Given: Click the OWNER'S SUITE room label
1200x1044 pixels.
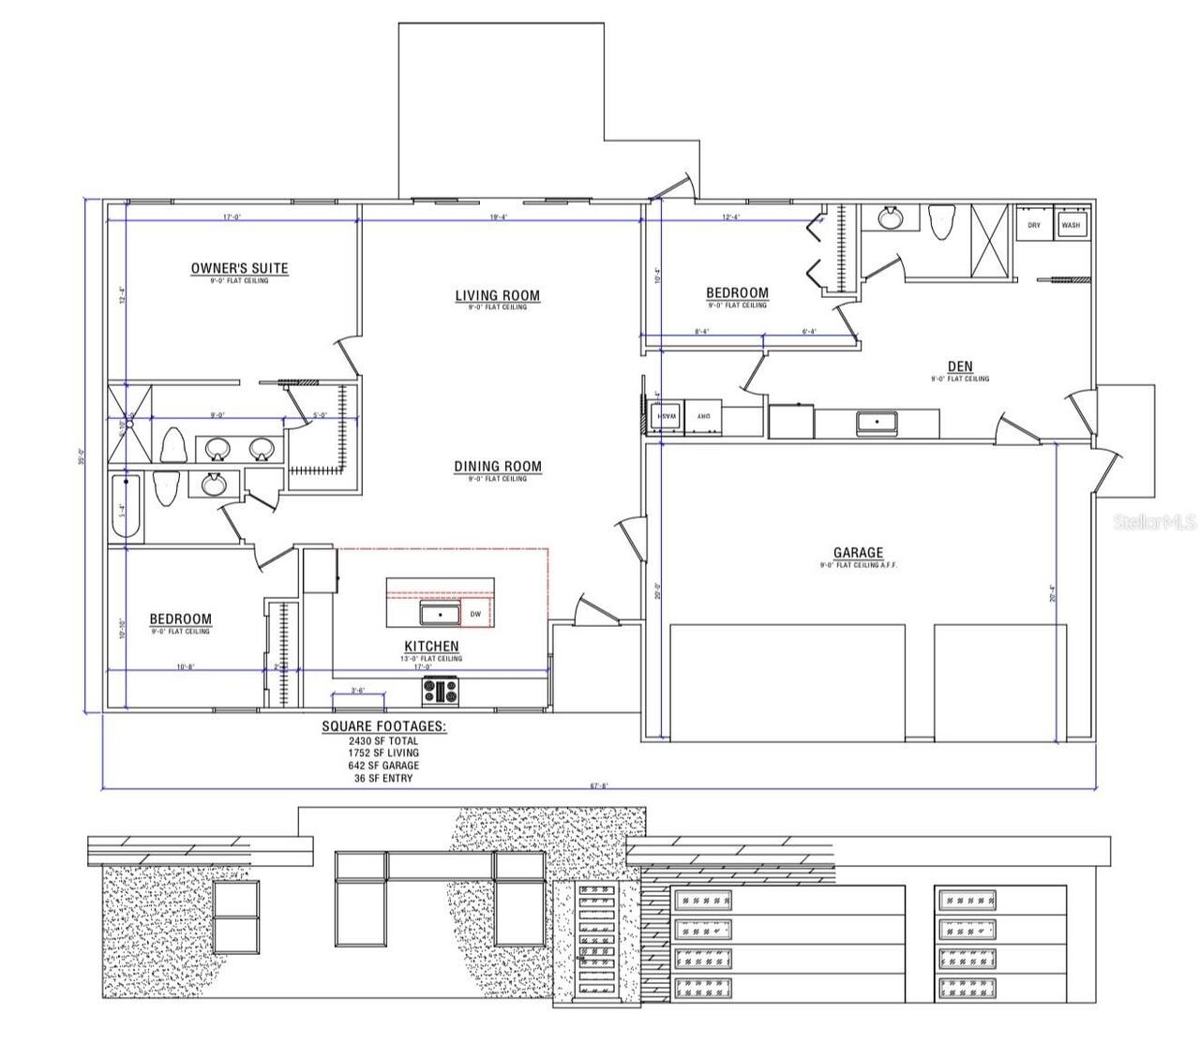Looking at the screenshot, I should click(x=239, y=269).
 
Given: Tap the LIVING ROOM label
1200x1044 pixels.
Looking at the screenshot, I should click(x=497, y=296).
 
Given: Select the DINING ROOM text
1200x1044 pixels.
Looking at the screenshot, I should click(x=497, y=467).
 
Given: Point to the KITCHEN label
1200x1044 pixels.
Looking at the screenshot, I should click(x=431, y=647).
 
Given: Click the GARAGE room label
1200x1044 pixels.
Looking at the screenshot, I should click(x=858, y=554).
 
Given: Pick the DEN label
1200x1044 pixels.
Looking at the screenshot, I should click(x=959, y=367).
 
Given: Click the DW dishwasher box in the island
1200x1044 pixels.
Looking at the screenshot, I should click(x=475, y=615).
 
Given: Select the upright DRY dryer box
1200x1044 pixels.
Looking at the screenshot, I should click(x=1034, y=225).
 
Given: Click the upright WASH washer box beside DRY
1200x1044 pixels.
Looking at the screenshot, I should click(x=1070, y=225).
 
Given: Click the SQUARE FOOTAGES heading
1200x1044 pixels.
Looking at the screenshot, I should click(x=383, y=726).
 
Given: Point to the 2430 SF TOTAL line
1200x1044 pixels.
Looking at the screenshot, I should click(x=383, y=740).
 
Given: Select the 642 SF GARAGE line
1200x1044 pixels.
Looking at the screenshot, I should click(x=383, y=766).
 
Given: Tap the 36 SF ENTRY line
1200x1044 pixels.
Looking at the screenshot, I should click(x=383, y=778).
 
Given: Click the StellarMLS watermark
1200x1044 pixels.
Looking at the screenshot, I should click(x=1155, y=520).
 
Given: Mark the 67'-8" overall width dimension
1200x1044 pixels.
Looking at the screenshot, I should click(x=599, y=786).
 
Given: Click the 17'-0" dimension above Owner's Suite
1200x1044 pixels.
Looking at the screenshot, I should click(x=232, y=217).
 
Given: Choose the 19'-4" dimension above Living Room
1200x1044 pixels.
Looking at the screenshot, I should click(x=500, y=217).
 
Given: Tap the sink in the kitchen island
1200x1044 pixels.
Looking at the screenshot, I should click(x=440, y=615).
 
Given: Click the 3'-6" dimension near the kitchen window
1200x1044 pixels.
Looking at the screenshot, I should click(x=357, y=691).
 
